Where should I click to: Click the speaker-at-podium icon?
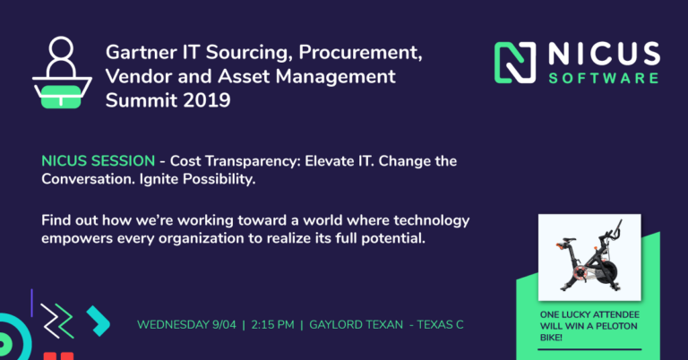click(62, 73)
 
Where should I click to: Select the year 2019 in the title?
click(207, 100)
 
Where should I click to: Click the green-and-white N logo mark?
click(515, 63)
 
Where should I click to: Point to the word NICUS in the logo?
click(604, 54)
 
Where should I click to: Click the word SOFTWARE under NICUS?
click(604, 79)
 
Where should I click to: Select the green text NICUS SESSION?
click(99, 161)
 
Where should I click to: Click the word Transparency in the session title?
click(253, 161)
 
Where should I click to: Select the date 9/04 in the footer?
click(224, 325)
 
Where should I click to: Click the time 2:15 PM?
click(272, 325)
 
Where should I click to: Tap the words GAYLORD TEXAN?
click(356, 325)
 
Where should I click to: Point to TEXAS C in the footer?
click(440, 325)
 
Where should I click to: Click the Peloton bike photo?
click(589, 257)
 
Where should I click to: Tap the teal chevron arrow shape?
click(99, 321)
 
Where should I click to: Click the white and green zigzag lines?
click(57, 321)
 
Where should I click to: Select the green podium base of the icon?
click(61, 97)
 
